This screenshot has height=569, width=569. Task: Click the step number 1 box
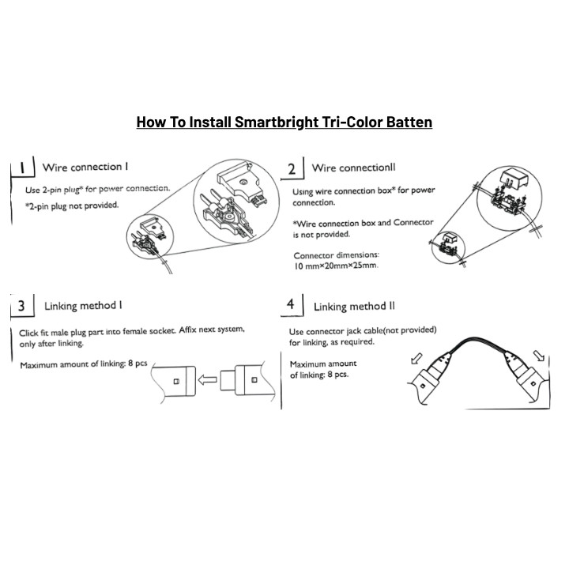click(x=22, y=168)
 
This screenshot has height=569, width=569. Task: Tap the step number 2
click(x=292, y=169)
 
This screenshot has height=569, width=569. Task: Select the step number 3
click(x=21, y=306)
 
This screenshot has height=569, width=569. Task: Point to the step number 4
click(x=290, y=304)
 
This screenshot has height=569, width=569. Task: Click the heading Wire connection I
click(x=85, y=168)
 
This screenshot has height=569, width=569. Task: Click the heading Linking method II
click(x=354, y=307)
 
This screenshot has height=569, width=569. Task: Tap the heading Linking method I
click(x=83, y=306)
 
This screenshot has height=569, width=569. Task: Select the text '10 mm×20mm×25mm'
click(x=335, y=266)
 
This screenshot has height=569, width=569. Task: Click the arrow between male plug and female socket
click(x=208, y=380)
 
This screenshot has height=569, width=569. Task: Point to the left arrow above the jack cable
click(x=416, y=359)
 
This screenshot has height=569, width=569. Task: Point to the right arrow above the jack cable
click(x=539, y=356)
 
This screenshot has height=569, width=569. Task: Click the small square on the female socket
click(x=176, y=381)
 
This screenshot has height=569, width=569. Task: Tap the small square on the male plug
click(x=254, y=380)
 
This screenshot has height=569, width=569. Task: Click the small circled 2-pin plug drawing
click(x=150, y=236)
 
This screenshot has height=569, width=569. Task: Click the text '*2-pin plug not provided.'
click(x=72, y=205)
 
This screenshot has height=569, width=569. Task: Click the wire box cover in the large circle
click(x=514, y=178)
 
